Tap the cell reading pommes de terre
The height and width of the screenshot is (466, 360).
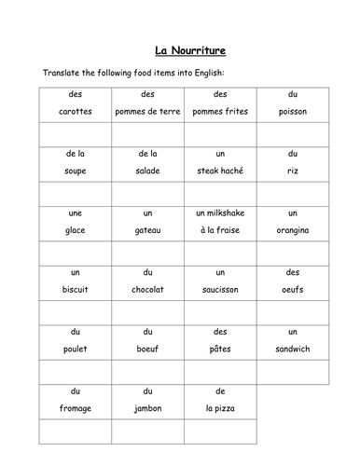[147, 112]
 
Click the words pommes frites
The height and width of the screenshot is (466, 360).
[220, 112]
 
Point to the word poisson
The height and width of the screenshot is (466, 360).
[292, 112]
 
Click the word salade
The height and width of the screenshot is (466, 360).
[147, 171]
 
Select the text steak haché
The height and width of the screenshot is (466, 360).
[220, 171]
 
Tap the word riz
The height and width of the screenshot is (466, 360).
[292, 171]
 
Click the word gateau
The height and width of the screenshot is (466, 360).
[147, 230]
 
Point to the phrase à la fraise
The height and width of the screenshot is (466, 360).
[220, 230]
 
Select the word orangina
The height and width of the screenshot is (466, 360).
[292, 230]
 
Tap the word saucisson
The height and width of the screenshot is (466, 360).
[220, 289]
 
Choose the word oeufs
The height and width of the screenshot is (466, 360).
[292, 289]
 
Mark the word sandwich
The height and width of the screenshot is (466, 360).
[292, 349]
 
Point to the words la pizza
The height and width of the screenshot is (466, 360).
[220, 407]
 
